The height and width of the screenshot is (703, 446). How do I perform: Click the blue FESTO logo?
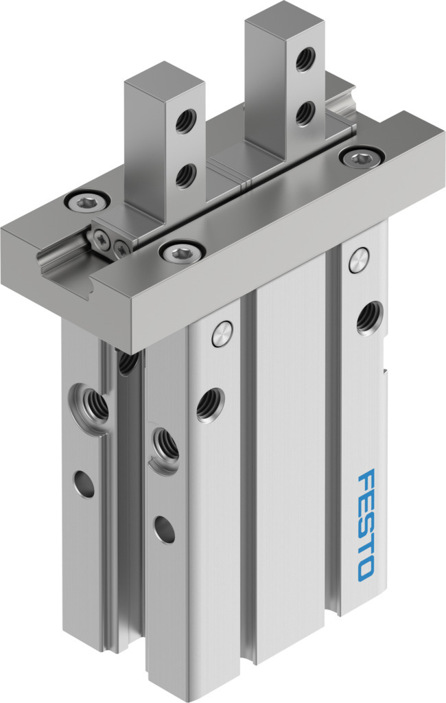365,524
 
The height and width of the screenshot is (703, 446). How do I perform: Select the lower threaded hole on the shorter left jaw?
185,176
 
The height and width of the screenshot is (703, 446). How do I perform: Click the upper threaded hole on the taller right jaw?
306,59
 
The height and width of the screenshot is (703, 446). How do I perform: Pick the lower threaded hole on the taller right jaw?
306,113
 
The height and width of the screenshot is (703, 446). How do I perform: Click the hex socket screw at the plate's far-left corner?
87,203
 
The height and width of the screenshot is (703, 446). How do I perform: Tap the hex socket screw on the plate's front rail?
183,253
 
